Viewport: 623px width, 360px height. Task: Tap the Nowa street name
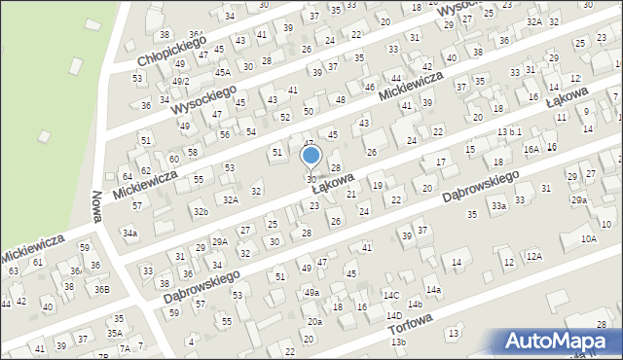click(97, 200)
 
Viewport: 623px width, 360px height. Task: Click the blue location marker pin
click(311, 157)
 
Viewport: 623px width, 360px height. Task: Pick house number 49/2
click(180, 81)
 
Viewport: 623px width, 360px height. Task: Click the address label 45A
click(223, 72)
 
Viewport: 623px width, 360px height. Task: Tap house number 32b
click(200, 211)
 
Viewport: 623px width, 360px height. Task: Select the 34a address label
click(129, 234)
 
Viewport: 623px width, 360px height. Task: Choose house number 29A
click(220, 241)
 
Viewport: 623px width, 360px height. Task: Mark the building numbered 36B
click(102, 289)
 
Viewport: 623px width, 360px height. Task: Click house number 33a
click(498, 206)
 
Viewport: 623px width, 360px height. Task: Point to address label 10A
click(588, 238)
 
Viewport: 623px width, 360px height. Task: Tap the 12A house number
click(533, 256)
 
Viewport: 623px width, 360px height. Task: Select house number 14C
click(390, 294)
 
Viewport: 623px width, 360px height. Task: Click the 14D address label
click(393, 315)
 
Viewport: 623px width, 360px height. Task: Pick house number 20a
click(314, 321)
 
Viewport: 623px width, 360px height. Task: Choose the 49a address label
click(311, 292)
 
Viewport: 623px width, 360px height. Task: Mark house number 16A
click(531, 149)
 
